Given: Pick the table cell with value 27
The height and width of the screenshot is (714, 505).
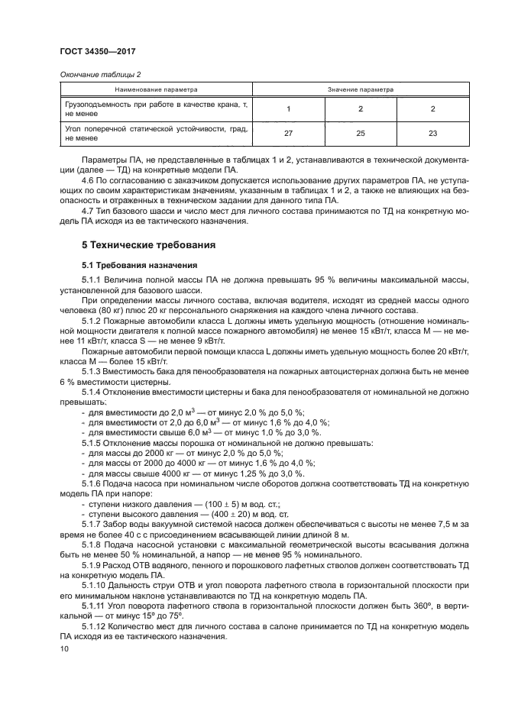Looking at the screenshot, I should pyautogui.click(x=289, y=134).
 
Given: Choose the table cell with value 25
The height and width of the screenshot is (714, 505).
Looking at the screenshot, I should pyautogui.click(x=361, y=134).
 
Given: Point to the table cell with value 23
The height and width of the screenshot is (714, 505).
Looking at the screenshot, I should pyautogui.click(x=432, y=134).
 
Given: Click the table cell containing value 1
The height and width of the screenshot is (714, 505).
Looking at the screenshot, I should pyautogui.click(x=289, y=108).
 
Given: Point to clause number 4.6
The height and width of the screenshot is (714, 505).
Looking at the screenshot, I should pyautogui.click(x=88, y=178).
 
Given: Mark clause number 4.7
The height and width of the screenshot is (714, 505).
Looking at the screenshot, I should pyautogui.click(x=88, y=212).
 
